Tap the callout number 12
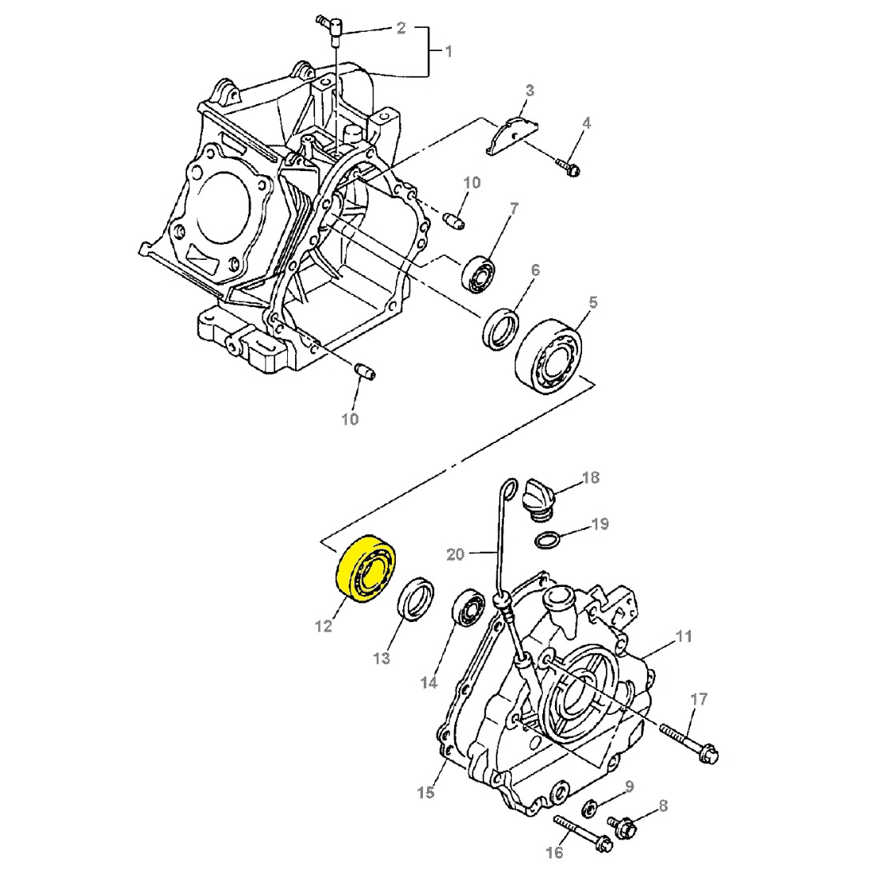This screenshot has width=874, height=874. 323,627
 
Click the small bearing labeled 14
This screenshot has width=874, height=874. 469,607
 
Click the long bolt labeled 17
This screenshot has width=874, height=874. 689,740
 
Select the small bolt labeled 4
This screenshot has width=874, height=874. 569,169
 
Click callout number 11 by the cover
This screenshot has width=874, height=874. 683,637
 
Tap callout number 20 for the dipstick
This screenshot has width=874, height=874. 455,553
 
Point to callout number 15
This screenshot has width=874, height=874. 425,792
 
